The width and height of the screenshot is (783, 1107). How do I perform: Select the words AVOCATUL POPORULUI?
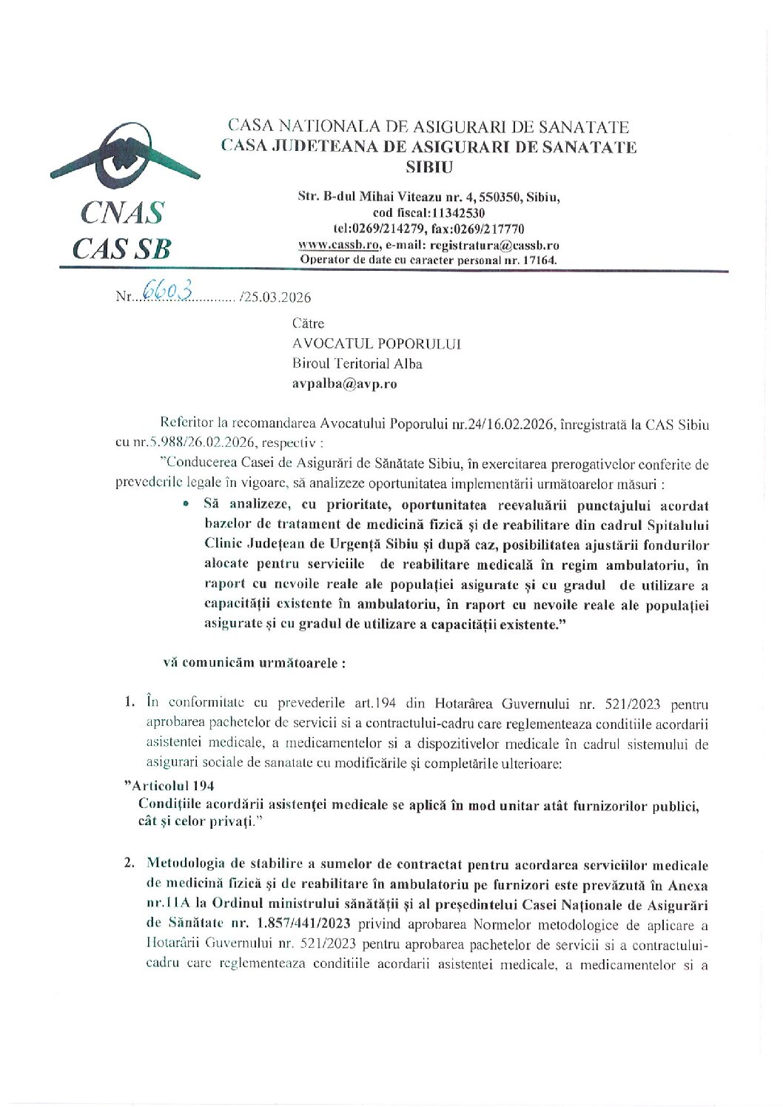377,344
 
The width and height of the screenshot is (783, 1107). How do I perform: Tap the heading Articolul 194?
170,785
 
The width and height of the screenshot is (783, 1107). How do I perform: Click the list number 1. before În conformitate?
130,699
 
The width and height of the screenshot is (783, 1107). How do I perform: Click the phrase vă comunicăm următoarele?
254,662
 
